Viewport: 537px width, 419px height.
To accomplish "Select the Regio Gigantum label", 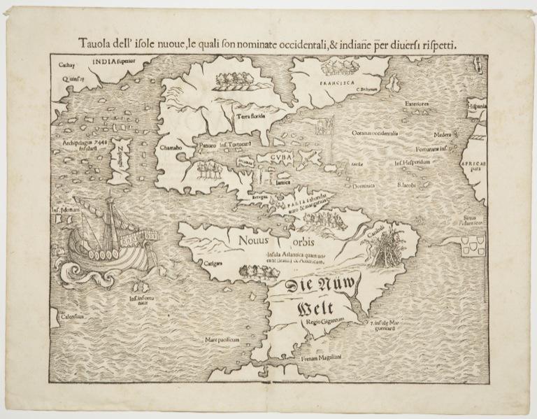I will (x=324, y=322).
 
